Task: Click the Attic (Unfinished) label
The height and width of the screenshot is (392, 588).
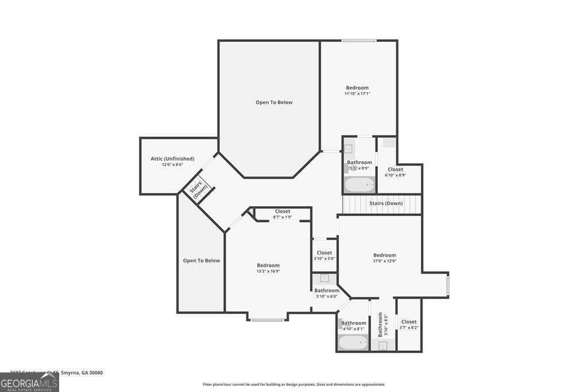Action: point(172,159)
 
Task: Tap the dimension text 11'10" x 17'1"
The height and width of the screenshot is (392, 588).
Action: point(357,94)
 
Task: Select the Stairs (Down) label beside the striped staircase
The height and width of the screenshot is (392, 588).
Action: point(386,203)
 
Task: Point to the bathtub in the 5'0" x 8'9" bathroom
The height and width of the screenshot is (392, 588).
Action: point(359,186)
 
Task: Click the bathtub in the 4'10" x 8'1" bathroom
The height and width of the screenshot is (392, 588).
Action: point(353,343)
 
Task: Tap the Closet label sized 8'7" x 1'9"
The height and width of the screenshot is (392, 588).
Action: point(282,211)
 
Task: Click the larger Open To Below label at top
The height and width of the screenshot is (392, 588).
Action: point(274,102)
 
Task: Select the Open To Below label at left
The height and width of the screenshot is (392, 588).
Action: point(201,260)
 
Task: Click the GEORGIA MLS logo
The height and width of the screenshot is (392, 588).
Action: point(29,382)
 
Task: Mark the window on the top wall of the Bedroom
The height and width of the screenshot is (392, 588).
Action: point(359,40)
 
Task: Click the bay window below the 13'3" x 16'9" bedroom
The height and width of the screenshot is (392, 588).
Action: point(268,319)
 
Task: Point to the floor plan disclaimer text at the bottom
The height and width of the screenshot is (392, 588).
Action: point(293,385)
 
